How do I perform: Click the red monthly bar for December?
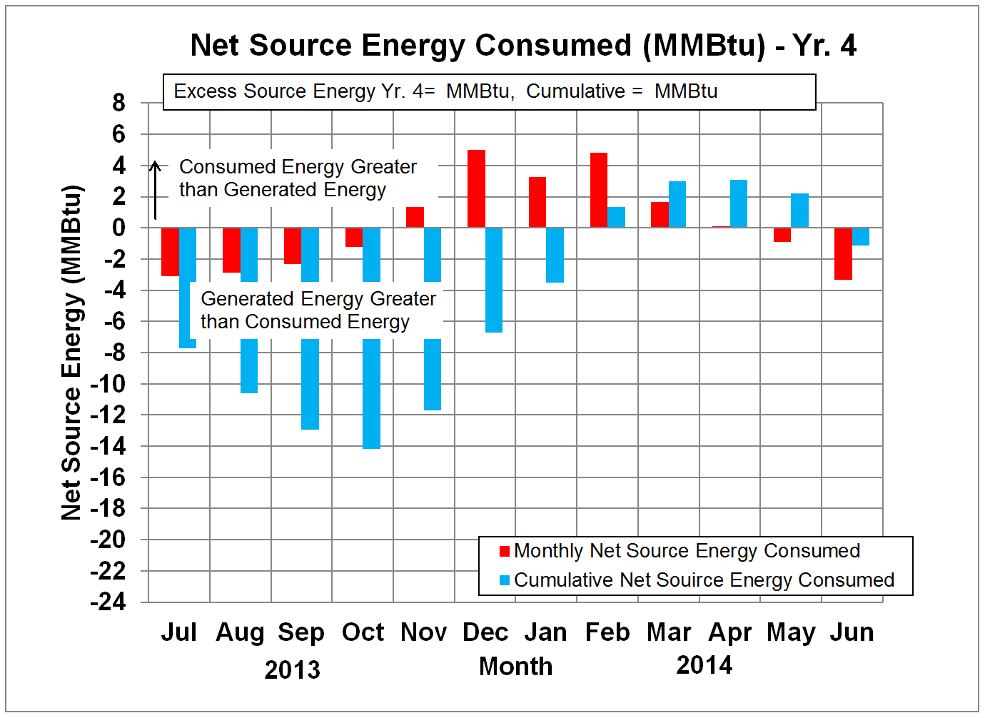click(x=476, y=188)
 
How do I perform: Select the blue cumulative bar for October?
click(x=371, y=393)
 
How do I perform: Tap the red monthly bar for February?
click(x=599, y=190)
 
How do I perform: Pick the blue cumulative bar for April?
click(x=739, y=203)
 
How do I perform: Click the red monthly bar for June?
click(x=843, y=253)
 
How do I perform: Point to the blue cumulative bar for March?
click(x=677, y=204)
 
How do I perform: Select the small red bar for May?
click(x=782, y=235)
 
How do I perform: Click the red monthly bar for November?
click(x=415, y=217)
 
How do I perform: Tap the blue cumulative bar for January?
click(x=555, y=255)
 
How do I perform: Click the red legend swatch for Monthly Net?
click(x=505, y=551)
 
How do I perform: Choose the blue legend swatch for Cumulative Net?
click(x=505, y=580)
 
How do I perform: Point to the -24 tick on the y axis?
click(x=108, y=602)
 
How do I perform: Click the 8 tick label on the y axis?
click(x=118, y=103)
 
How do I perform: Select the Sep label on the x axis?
click(x=301, y=632)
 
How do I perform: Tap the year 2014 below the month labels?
click(x=704, y=665)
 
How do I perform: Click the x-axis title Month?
click(x=515, y=667)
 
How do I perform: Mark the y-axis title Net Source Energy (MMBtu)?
click(x=72, y=353)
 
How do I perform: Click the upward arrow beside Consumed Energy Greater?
click(x=155, y=190)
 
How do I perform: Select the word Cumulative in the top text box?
click(x=575, y=91)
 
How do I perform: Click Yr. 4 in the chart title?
click(x=824, y=46)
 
